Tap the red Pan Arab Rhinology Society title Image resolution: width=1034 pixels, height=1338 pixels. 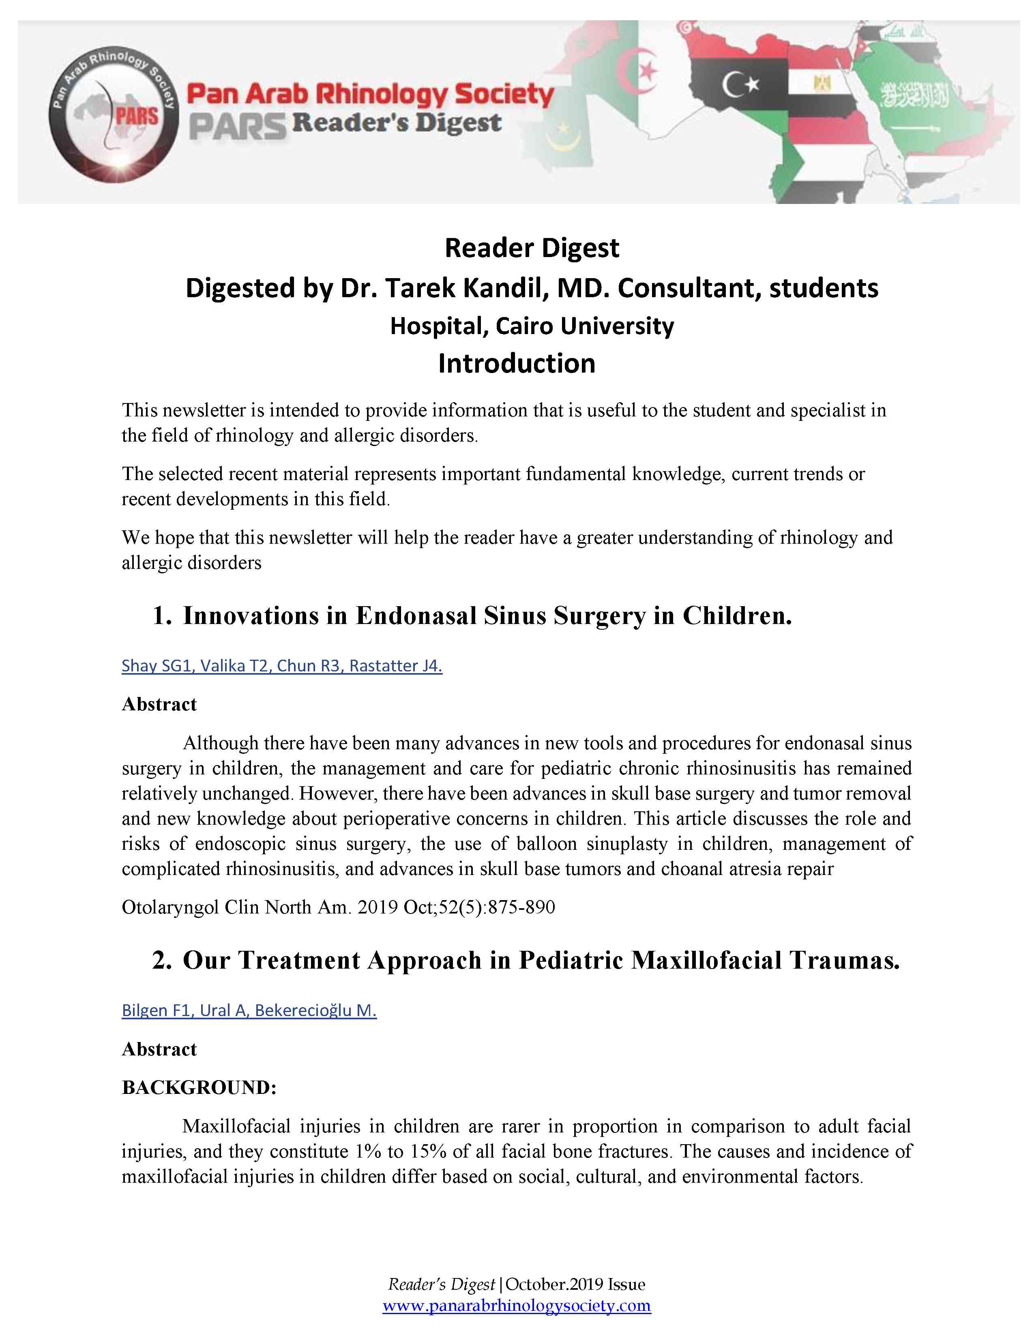click(x=370, y=94)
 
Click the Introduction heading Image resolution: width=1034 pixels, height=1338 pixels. click(x=516, y=363)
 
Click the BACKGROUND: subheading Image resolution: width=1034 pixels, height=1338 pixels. click(x=200, y=1087)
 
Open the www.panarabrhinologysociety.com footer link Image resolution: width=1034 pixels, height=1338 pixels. click(x=516, y=1306)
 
